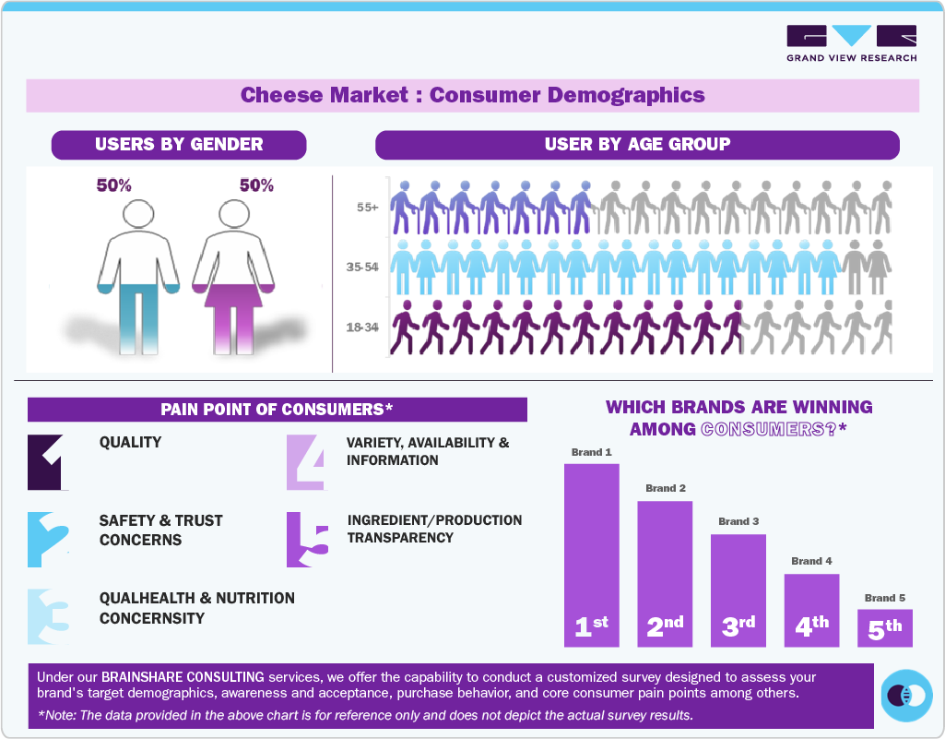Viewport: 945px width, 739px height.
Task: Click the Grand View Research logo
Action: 851,43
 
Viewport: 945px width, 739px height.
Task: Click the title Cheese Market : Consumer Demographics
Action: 472,95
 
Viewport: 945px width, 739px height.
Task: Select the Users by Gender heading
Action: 179,145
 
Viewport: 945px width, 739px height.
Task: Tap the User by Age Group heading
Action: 637,145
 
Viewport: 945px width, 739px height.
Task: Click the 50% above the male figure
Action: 114,185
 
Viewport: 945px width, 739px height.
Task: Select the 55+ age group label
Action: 368,208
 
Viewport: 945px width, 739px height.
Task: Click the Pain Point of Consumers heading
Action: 277,410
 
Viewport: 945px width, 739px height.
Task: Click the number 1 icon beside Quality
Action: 47,461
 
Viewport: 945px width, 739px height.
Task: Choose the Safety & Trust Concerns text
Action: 160,530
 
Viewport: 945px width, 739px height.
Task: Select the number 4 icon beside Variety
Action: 305,461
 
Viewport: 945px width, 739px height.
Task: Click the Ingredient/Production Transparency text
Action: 434,529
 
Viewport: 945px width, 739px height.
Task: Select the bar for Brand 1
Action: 591,554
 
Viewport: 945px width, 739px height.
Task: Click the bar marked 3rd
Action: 738,590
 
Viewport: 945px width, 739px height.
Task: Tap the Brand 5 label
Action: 885,598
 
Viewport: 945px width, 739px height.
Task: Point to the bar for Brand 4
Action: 811,610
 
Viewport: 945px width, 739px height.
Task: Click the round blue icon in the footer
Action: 906,695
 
